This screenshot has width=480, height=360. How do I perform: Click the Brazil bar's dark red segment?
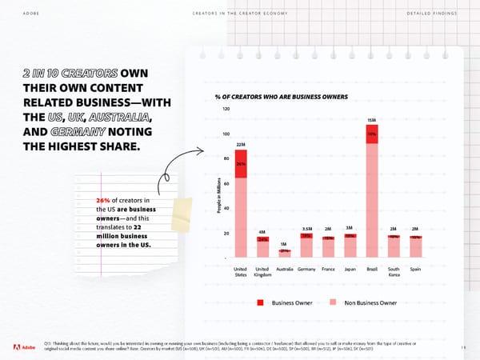[x=371, y=134]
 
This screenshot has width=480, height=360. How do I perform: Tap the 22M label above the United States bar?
[x=240, y=144]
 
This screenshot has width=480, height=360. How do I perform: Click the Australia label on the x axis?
[x=284, y=269]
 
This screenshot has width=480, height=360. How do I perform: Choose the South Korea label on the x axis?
[x=394, y=272]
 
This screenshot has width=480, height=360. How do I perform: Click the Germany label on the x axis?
[x=306, y=269]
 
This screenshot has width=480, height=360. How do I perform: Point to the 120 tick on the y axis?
[x=226, y=109]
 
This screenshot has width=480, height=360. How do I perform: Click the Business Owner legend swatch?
[x=261, y=302]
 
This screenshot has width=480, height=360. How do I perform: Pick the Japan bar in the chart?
[x=350, y=246]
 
